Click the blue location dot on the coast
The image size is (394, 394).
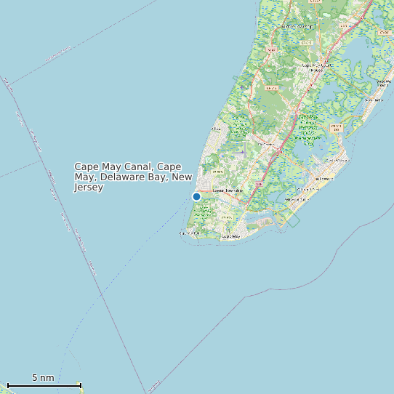[196, 196]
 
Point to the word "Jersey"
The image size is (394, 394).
[89, 188]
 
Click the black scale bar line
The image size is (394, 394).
[44, 385]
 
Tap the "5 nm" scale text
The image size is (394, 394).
[43, 378]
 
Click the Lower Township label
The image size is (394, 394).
[227, 190]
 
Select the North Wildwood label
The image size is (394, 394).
[337, 160]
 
